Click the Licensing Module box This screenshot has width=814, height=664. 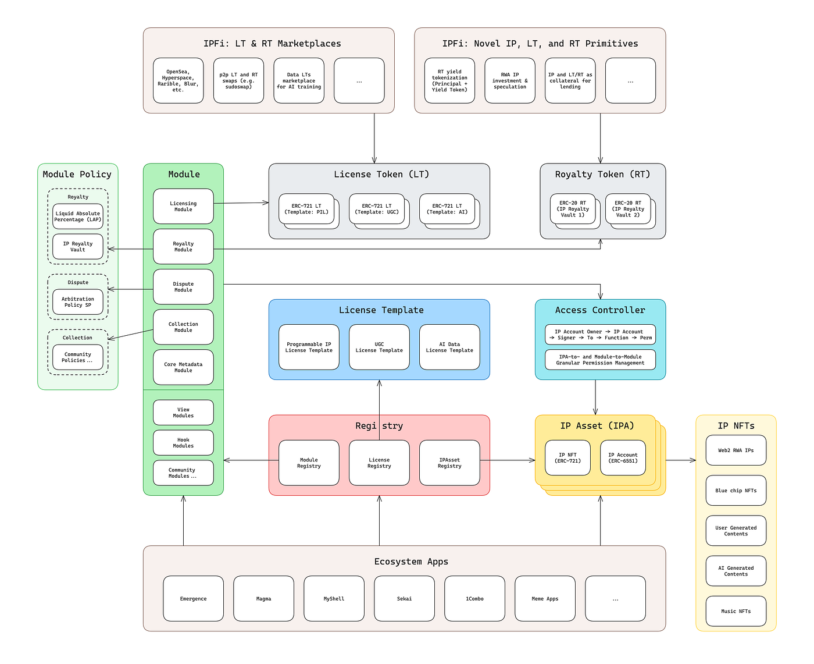click(x=183, y=206)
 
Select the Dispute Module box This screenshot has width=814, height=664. click(x=183, y=286)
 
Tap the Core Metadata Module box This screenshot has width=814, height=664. click(x=183, y=367)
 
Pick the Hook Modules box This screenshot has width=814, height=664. click(x=183, y=442)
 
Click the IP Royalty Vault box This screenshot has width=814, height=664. click(x=77, y=246)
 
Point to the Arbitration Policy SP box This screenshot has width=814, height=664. click(x=77, y=302)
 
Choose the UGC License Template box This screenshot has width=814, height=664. click(x=379, y=347)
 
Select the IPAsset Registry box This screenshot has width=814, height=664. click(x=449, y=463)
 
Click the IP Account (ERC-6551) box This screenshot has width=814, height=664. click(x=623, y=457)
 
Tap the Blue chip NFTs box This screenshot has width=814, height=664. click(x=736, y=491)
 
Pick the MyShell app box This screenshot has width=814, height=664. click(x=334, y=598)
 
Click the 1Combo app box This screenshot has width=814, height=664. click(x=474, y=598)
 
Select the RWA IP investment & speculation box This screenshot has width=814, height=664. click(x=510, y=80)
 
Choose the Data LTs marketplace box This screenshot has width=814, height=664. click(x=299, y=80)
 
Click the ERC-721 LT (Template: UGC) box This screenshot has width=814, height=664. click(x=377, y=209)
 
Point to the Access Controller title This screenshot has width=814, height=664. click(x=600, y=310)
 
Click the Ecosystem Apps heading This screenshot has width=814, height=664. click(x=411, y=561)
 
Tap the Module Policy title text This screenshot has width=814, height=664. click(x=77, y=174)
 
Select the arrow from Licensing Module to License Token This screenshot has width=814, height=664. click(x=241, y=203)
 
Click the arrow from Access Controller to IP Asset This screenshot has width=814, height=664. click(x=595, y=397)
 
